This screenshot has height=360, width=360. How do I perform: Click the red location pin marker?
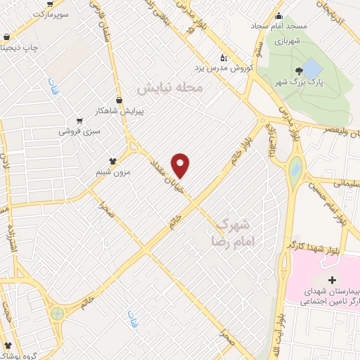pos(181,165)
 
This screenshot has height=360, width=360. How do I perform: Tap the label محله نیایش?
pos(169,89)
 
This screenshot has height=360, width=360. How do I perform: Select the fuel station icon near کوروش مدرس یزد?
pos(224,58)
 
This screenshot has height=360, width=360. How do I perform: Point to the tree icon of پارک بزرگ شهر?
pos(300,70)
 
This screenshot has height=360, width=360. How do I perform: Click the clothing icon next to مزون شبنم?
pos(112,160)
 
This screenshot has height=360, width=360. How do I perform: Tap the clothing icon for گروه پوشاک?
pos(8,347)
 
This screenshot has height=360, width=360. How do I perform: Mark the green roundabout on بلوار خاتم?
pos(57,313)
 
